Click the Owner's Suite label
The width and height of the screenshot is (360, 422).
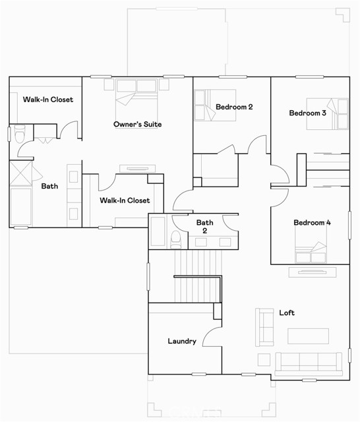138,125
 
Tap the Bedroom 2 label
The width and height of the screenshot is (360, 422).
234,107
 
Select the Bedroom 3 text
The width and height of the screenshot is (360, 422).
307,113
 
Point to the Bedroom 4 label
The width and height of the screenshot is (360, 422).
312,223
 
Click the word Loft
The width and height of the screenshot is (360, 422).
287,313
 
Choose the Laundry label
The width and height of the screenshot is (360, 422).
182,342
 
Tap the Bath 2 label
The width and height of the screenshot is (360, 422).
205,227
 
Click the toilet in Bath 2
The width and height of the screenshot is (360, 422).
176,239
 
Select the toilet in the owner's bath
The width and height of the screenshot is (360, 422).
20,134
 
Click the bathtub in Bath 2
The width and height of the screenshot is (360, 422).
158,231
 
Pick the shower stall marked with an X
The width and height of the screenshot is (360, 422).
21,173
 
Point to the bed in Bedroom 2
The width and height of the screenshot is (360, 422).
215,105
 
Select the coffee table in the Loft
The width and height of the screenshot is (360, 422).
309,336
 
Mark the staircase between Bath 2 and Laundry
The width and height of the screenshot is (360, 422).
198,276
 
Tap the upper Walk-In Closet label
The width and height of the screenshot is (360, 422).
48,100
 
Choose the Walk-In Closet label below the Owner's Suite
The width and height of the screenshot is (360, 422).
125,200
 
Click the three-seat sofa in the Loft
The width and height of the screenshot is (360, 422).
309,364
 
